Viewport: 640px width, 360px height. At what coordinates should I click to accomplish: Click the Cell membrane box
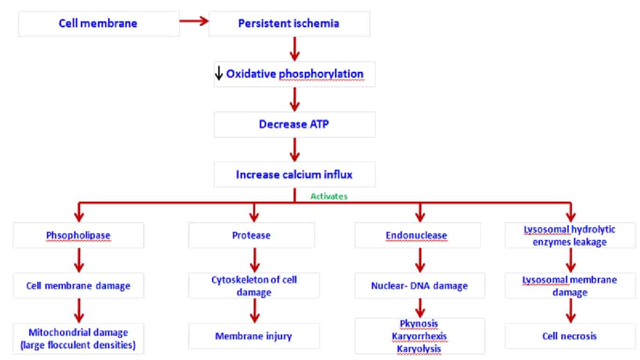pyautogui.click(x=98, y=23)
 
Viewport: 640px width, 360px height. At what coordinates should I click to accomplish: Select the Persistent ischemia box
pyautogui.click(x=289, y=23)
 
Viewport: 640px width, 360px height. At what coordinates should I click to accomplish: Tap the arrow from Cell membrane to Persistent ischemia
pyautogui.click(x=193, y=21)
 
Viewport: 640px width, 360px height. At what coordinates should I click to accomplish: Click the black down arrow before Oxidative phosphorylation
pyautogui.click(x=218, y=74)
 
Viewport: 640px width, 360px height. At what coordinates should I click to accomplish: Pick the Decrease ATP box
pyautogui.click(x=294, y=124)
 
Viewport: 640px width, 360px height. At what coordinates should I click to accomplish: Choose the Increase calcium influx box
pyautogui.click(x=294, y=175)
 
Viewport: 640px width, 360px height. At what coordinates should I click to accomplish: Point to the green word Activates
pyautogui.click(x=329, y=196)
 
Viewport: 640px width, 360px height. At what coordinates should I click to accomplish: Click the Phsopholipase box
pyautogui.click(x=78, y=235)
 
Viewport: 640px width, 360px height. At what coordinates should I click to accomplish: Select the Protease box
pyautogui.click(x=252, y=235)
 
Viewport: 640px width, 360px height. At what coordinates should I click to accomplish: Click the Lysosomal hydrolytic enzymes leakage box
pyautogui.click(x=570, y=235)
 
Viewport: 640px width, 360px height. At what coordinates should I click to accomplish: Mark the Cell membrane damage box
pyautogui.click(x=78, y=285)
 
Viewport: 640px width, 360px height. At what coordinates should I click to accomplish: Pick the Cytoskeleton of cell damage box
pyautogui.click(x=254, y=285)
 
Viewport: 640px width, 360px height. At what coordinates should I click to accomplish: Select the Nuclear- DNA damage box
pyautogui.click(x=419, y=285)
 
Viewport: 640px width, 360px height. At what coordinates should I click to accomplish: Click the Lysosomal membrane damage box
pyautogui.click(x=570, y=285)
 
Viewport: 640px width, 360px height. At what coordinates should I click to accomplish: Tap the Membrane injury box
pyautogui.click(x=253, y=336)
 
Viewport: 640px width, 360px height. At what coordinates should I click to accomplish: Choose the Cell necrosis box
pyautogui.click(x=570, y=336)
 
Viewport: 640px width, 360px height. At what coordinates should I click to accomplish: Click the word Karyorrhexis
pyautogui.click(x=420, y=336)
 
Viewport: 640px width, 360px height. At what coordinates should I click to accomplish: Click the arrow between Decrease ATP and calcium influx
pyautogui.click(x=294, y=150)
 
